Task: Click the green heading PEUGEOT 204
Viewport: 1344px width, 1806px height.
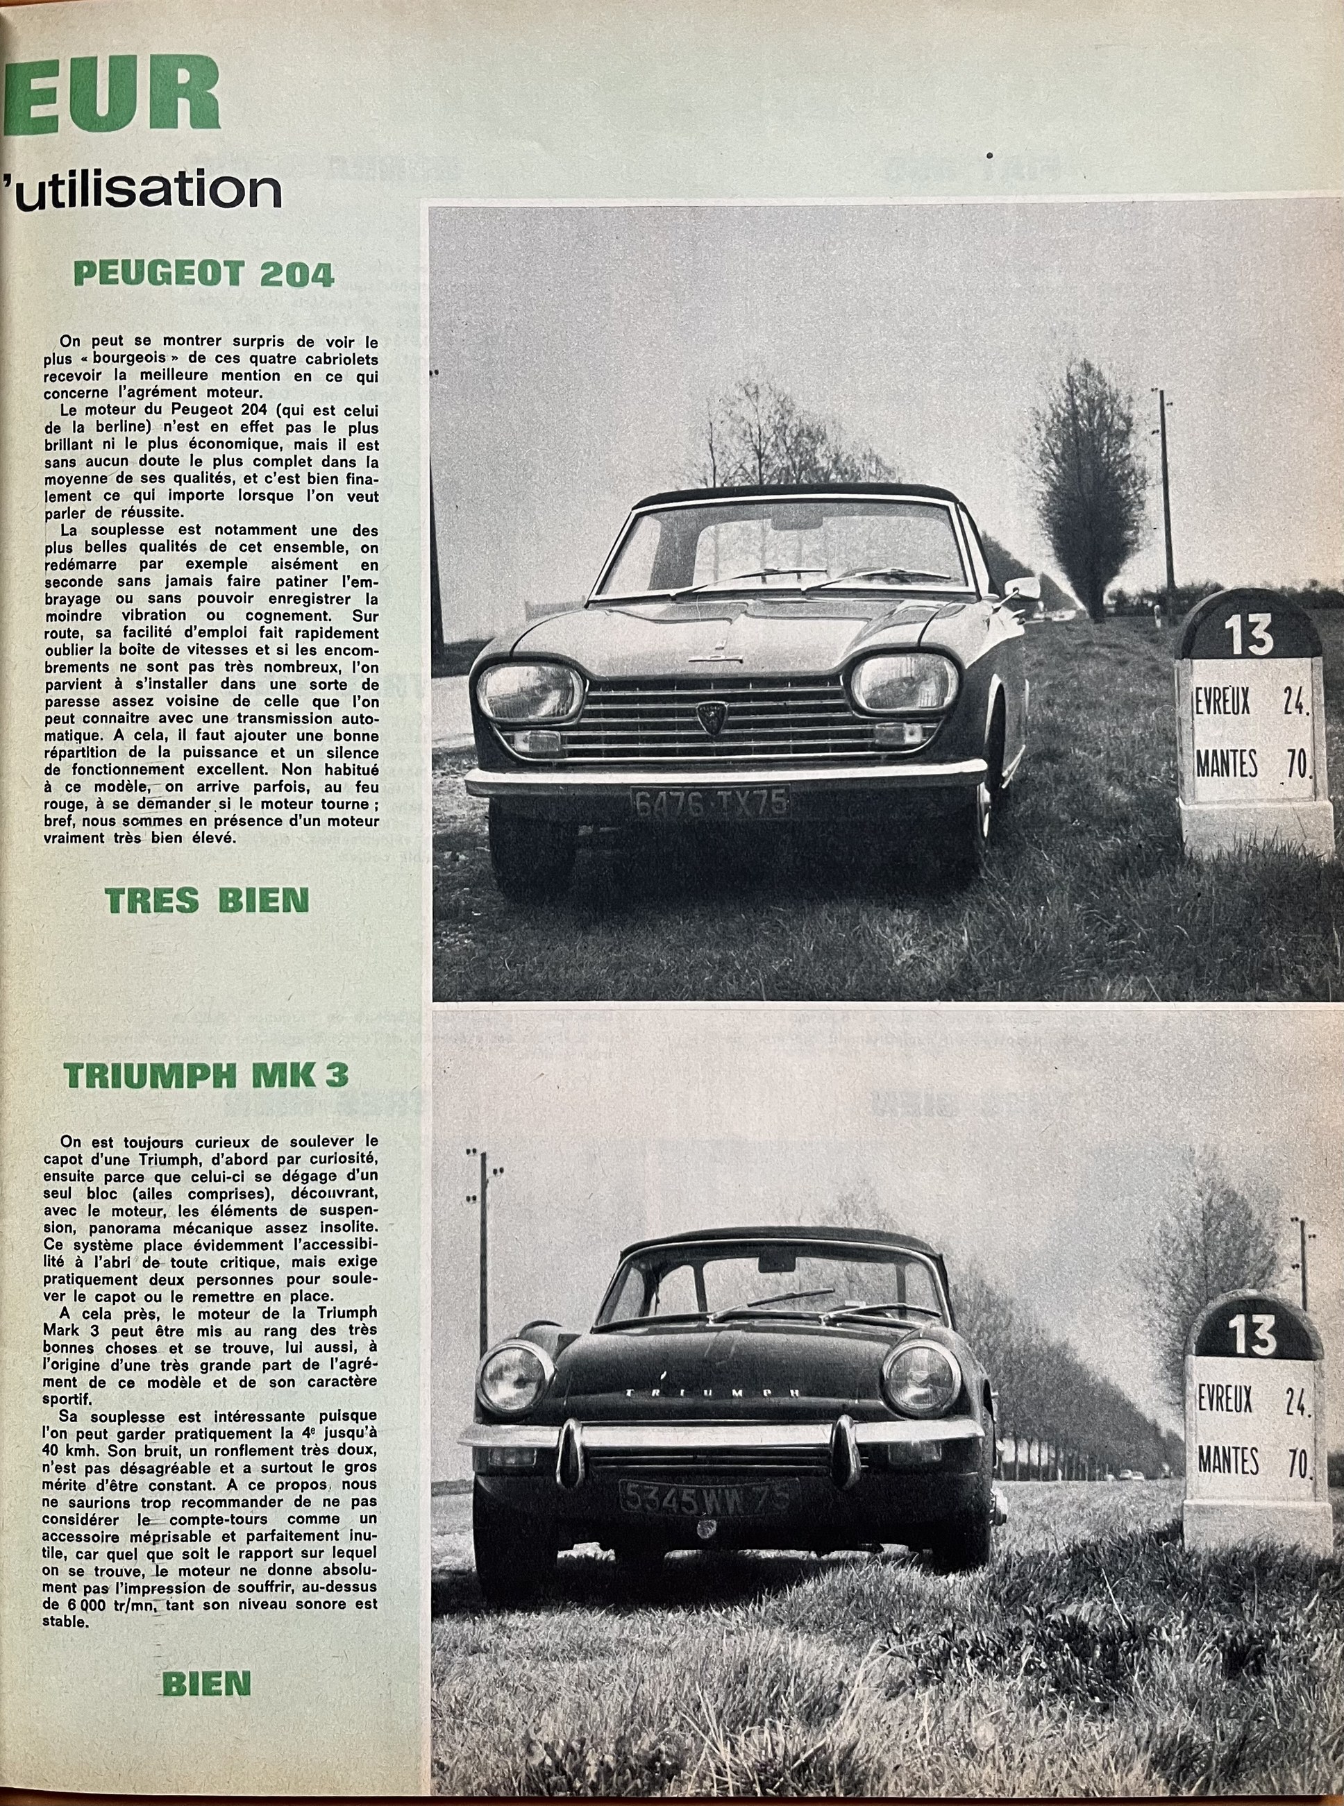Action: [203, 274]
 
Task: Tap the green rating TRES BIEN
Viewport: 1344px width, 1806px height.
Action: [207, 900]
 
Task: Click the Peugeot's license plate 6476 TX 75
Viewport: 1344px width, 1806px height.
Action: [710, 804]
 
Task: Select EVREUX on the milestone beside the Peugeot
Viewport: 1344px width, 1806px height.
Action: [1223, 702]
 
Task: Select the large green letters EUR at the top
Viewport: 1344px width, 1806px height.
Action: [110, 95]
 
